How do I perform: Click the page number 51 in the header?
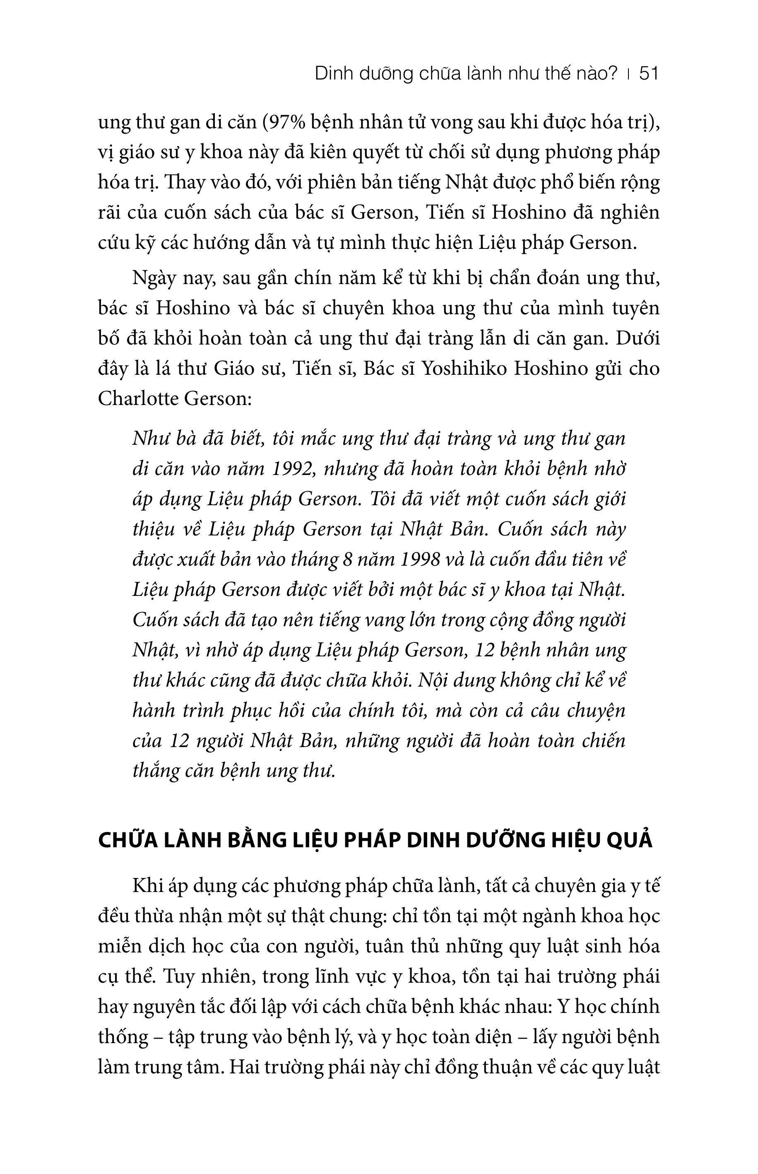(648, 74)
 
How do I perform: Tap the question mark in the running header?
(612, 74)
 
